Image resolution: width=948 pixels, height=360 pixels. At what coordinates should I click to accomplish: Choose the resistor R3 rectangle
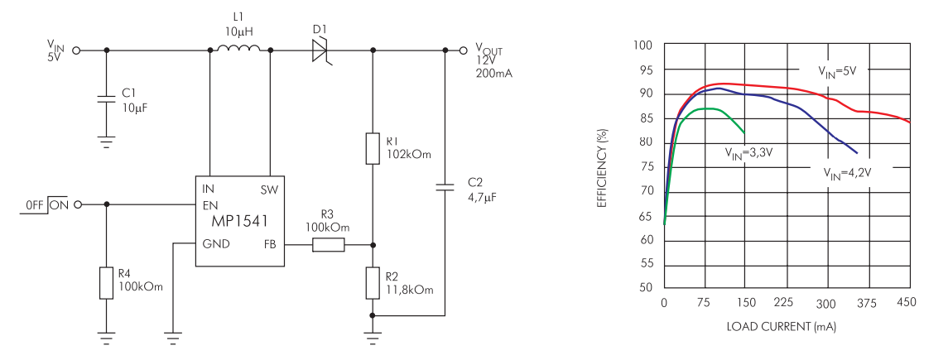pos(328,245)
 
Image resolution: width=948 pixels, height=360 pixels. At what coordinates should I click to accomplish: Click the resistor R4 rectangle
pos(106,282)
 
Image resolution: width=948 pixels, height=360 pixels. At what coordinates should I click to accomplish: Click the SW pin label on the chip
pos(269,190)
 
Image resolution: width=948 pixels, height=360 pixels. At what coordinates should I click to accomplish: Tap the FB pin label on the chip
pos(270,245)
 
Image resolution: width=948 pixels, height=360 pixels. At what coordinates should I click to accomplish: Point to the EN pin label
pos(210,204)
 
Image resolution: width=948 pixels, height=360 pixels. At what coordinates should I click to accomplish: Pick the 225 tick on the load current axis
pos(785,304)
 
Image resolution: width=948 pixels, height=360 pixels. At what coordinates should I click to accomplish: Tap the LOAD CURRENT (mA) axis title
pos(781,328)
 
